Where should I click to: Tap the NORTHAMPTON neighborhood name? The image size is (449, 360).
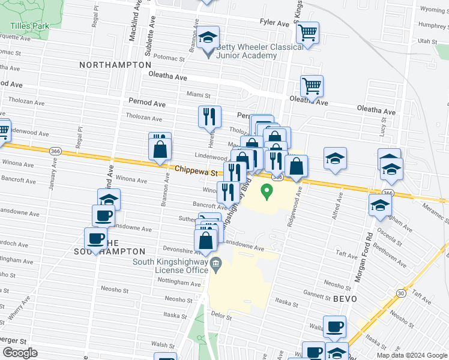coord(115,64)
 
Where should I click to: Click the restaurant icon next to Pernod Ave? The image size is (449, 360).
coord(209,116)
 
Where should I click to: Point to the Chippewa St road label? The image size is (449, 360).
coord(196,171)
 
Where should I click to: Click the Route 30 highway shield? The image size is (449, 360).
coord(400,292)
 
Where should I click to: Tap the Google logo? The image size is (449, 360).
coord(20,353)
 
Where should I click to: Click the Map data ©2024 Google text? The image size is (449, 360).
coord(411,355)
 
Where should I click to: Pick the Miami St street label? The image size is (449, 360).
coord(198,95)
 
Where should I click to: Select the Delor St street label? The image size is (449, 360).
coord(221,314)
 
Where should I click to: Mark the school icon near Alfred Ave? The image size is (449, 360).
coord(335,158)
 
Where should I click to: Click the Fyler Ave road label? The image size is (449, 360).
coord(275,22)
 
